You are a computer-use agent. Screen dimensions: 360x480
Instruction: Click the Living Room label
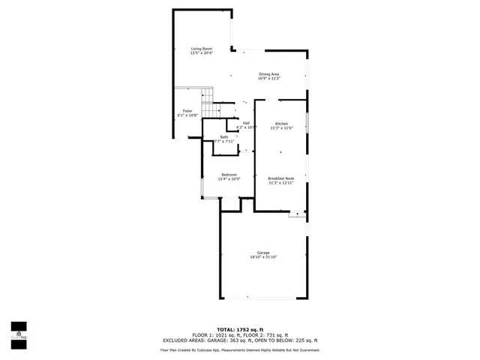(201, 49)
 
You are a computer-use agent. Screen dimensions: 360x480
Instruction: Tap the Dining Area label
(269, 73)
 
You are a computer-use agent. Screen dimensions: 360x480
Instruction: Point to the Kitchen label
(281, 123)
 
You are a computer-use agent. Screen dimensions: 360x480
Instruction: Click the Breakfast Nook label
(281, 178)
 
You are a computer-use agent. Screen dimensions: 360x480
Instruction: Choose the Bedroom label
(229, 175)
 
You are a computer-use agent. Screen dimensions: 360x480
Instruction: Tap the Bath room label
(224, 136)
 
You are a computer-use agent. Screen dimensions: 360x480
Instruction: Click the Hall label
(246, 123)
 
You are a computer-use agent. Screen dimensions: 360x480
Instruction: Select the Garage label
(263, 253)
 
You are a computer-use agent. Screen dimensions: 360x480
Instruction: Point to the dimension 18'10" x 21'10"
(263, 257)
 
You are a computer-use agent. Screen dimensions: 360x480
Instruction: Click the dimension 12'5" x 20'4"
(201, 53)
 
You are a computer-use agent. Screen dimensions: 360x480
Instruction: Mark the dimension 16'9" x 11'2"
(269, 78)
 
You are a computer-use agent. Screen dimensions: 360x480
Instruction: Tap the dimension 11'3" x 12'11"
(281, 182)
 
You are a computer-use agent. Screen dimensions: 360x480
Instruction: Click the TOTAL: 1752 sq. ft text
(240, 330)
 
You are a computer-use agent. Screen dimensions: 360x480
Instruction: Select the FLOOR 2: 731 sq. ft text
(265, 335)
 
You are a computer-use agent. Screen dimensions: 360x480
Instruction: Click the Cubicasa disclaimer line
(240, 349)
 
